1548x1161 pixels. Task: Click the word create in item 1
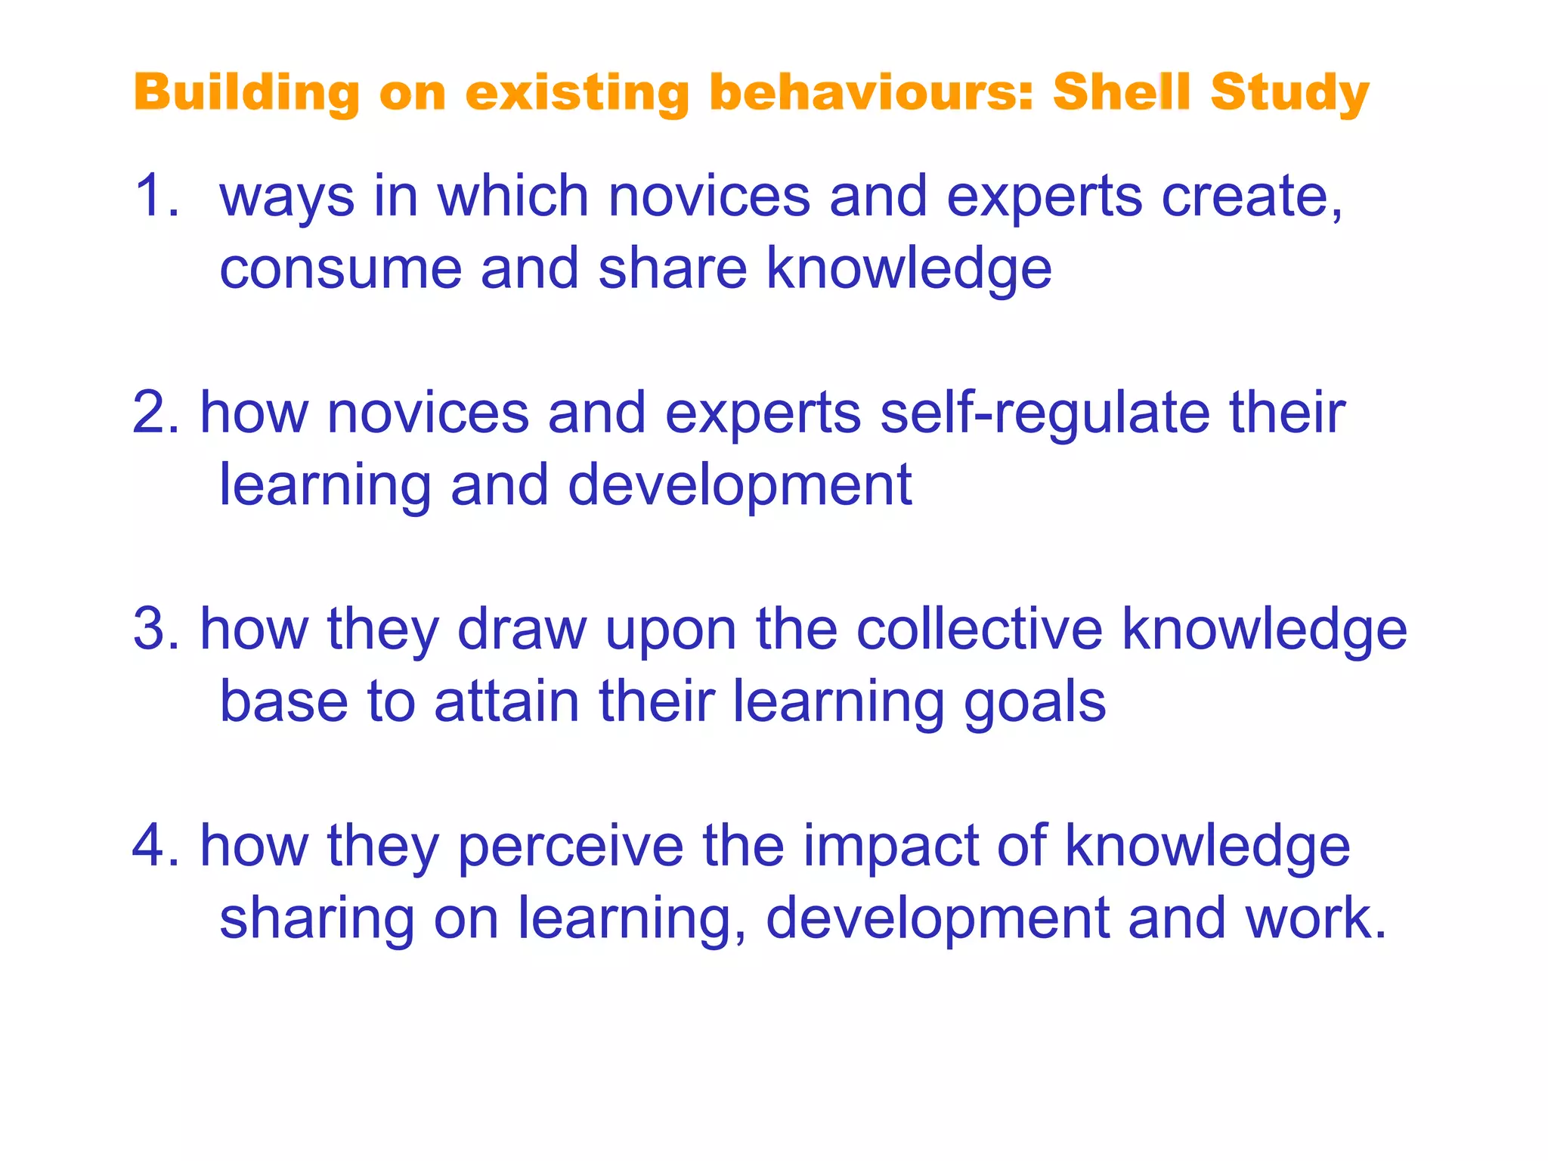(1251, 197)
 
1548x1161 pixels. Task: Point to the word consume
(340, 269)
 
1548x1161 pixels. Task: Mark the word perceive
(571, 847)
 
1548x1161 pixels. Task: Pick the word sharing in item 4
(317, 919)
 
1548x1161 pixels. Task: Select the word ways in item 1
(286, 197)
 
